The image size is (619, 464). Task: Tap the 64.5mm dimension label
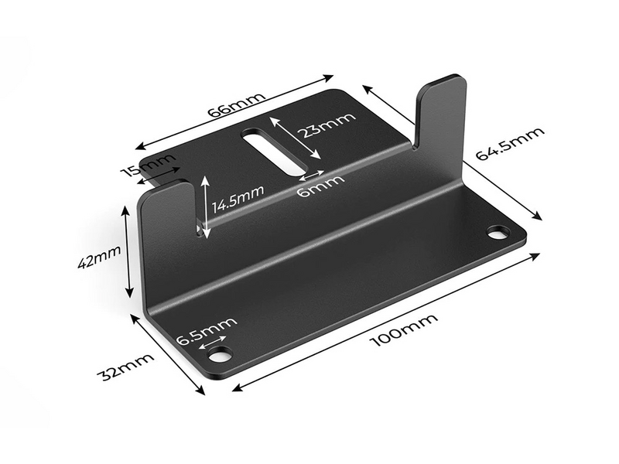509,144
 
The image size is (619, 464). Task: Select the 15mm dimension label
149,165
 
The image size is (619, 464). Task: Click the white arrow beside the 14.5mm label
204,205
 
